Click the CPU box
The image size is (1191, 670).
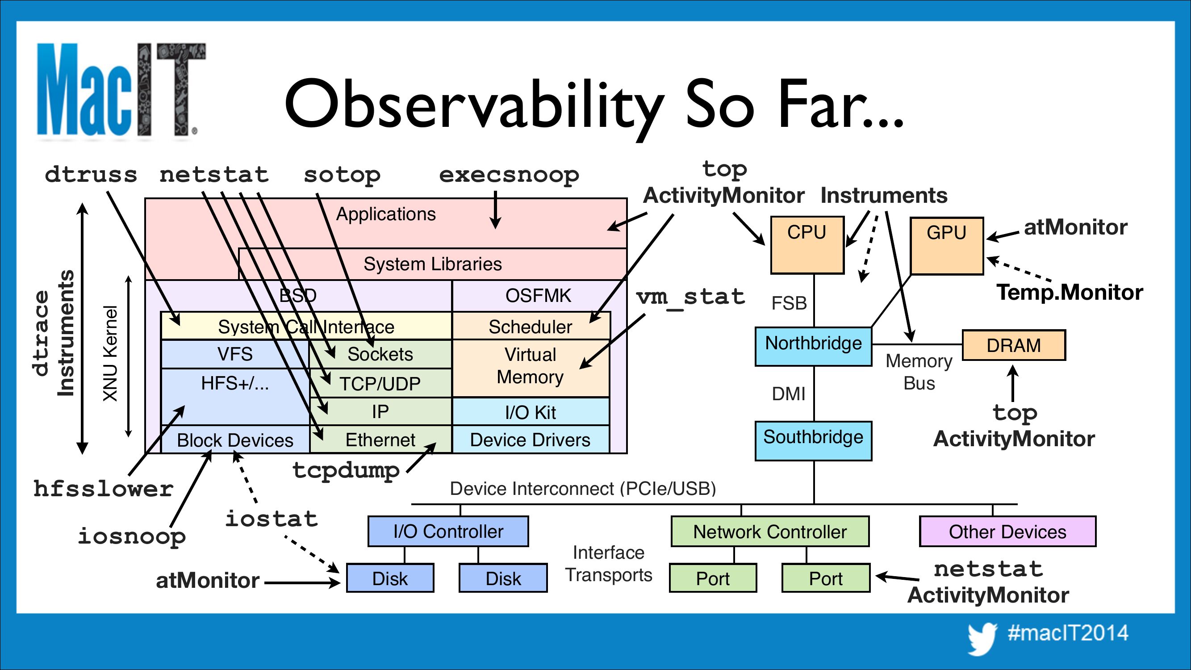807,245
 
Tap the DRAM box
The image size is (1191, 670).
1013,345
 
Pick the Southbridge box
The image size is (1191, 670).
813,441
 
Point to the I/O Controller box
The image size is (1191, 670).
448,531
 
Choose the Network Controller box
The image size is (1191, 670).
770,531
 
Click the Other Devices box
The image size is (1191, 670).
1007,531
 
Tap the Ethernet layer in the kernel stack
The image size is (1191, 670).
380,440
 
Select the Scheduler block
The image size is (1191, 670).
531,327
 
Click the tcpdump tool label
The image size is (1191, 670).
346,471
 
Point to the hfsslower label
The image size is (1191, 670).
104,489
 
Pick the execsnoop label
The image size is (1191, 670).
509,175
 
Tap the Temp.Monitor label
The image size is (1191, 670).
1070,292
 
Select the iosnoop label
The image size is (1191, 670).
132,536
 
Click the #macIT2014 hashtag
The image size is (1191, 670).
1068,632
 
